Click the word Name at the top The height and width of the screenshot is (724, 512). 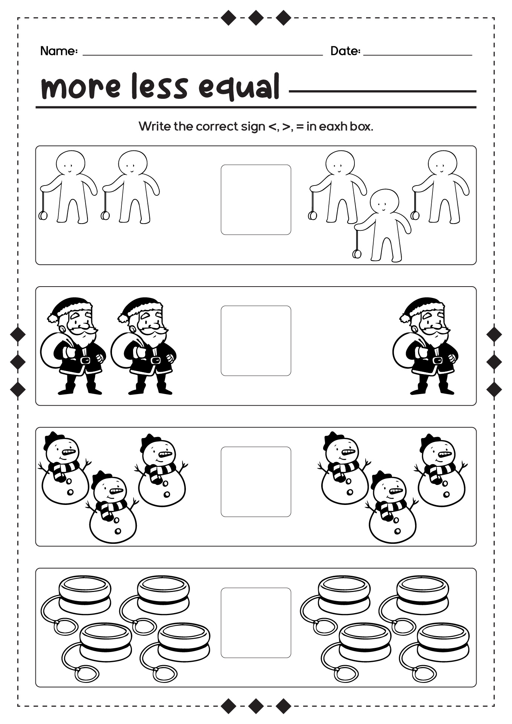pos(57,51)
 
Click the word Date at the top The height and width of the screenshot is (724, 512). pos(344,51)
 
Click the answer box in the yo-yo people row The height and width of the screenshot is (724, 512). pos(256,199)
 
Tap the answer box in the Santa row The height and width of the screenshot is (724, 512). pos(256,341)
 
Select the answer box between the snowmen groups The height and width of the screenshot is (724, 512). pos(256,482)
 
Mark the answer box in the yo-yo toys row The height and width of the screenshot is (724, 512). pos(256,623)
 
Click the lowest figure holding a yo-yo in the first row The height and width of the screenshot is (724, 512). pos(382,225)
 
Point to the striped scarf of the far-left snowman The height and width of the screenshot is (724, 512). pos(63,470)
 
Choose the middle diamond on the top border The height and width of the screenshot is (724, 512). pos(256,18)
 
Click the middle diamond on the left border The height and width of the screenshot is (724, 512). pos(18,362)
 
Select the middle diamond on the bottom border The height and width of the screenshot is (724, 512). pos(256,706)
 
